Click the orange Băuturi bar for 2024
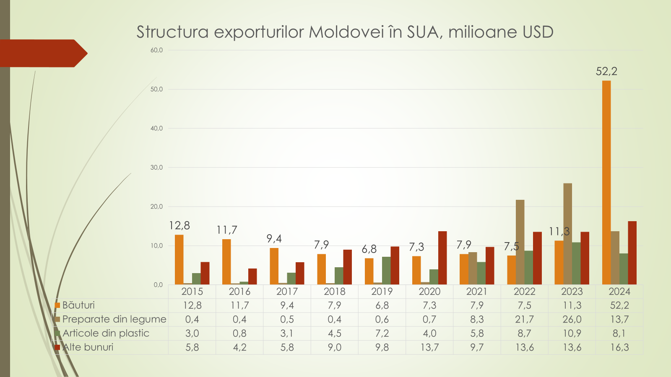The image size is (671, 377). tap(606, 183)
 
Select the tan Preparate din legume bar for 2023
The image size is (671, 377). tap(567, 234)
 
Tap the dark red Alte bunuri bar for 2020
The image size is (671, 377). tap(442, 258)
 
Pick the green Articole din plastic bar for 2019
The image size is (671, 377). tap(386, 271)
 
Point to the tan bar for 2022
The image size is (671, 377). tap(520, 242)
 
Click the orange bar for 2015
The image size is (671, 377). tap(179, 260)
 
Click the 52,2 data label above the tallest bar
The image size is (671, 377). tap(606, 71)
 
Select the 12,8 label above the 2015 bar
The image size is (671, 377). tap(179, 226)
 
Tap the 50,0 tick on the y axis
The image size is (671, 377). tap(157, 89)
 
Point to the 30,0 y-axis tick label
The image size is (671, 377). tap(157, 168)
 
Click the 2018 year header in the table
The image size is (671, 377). tap(335, 292)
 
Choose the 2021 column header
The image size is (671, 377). tap(477, 292)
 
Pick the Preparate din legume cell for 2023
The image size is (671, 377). tap(572, 319)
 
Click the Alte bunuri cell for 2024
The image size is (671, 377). tap(619, 347)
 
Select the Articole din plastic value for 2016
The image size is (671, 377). tap(239, 333)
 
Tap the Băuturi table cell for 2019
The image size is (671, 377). tap(382, 305)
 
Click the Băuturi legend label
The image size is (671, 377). tap(78, 305)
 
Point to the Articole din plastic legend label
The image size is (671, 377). tap(106, 333)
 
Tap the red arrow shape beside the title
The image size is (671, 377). tap(42, 53)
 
